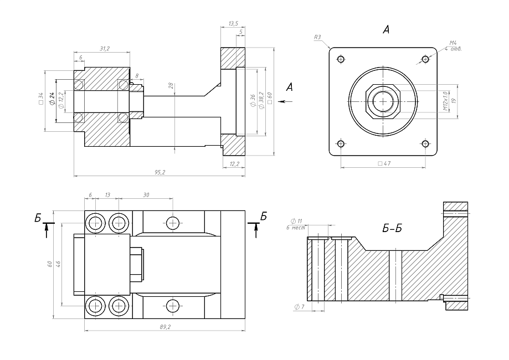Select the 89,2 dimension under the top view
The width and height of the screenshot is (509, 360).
click(164, 327)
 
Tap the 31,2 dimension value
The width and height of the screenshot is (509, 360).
click(104, 49)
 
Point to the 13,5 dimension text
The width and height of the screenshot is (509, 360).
click(233, 24)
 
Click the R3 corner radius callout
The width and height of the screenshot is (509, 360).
click(317, 37)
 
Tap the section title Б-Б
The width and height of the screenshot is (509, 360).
click(392, 229)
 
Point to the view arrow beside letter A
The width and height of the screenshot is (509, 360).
click(286, 101)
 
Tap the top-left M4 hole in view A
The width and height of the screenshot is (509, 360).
click(341, 59)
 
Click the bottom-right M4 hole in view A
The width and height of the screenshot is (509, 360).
click(425, 144)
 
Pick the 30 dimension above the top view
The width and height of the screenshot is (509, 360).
click(146, 195)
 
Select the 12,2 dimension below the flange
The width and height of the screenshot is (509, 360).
click(234, 164)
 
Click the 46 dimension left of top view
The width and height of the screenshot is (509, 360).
click(58, 263)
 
